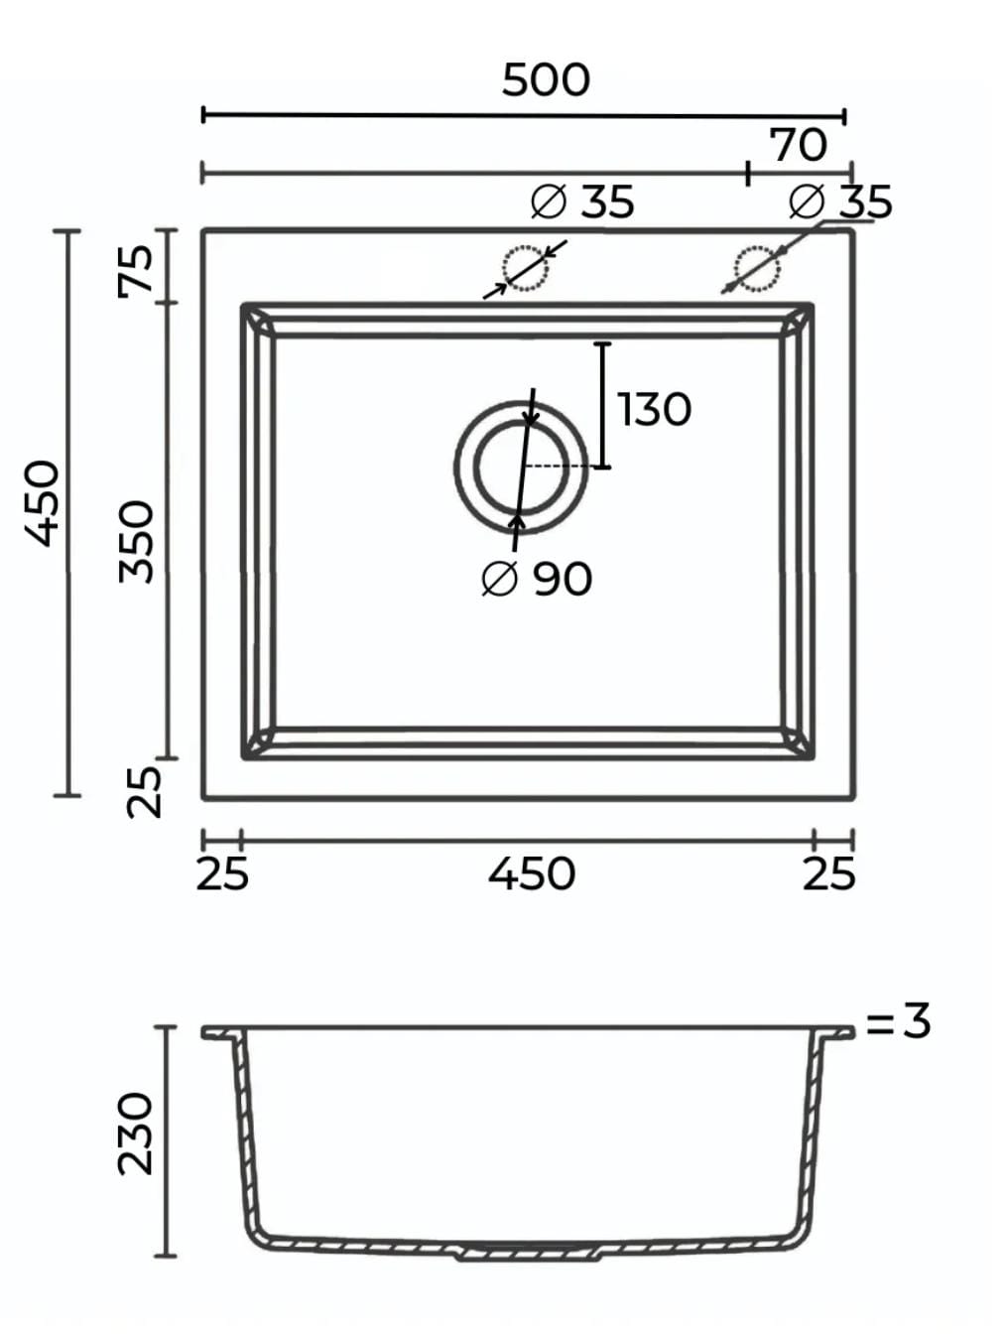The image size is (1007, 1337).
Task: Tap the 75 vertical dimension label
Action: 136,270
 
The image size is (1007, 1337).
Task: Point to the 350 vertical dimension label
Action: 136,542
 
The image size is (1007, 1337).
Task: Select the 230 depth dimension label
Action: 135,1134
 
